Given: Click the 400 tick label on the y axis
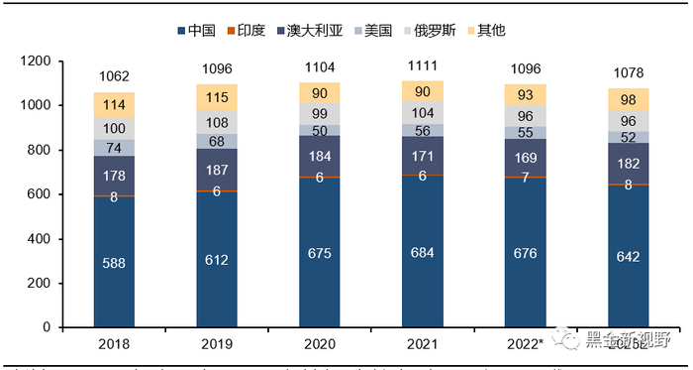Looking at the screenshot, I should coord(38,239).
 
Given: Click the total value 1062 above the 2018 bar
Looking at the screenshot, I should coord(114,75).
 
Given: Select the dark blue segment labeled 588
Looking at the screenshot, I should coord(114,262).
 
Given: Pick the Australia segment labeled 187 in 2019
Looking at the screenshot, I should coord(217,169).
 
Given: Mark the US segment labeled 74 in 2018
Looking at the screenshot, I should coord(114,147).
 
